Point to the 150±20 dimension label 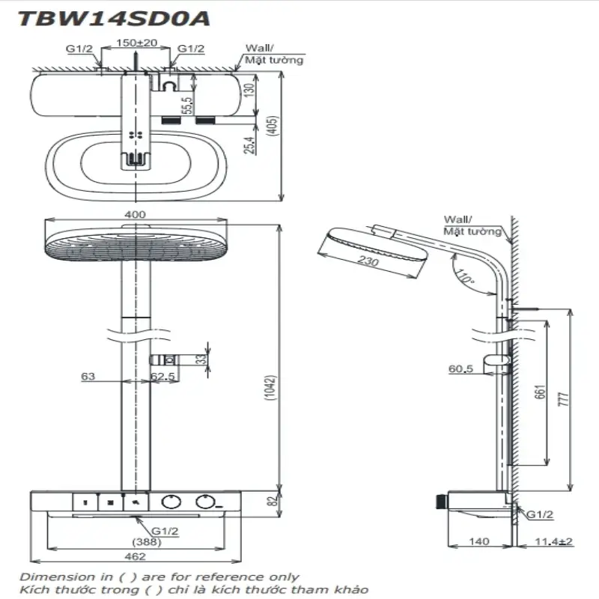[x=136, y=43]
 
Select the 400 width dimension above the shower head [x=135, y=215]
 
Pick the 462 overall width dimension [x=135, y=556]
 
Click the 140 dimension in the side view [x=479, y=542]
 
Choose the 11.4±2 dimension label [x=554, y=542]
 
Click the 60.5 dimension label [x=460, y=369]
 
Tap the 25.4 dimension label [x=249, y=145]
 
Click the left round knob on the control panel [x=171, y=502]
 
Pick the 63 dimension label [x=88, y=377]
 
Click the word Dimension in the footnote [x=49, y=577]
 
